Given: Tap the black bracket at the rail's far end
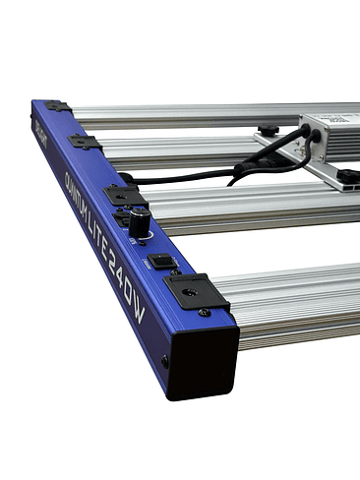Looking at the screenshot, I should coord(56,105).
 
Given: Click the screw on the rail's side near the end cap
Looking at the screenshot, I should coord(164,361).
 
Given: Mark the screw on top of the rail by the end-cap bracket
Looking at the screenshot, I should coord(204,313).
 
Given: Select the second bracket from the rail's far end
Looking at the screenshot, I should coord(86,142).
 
